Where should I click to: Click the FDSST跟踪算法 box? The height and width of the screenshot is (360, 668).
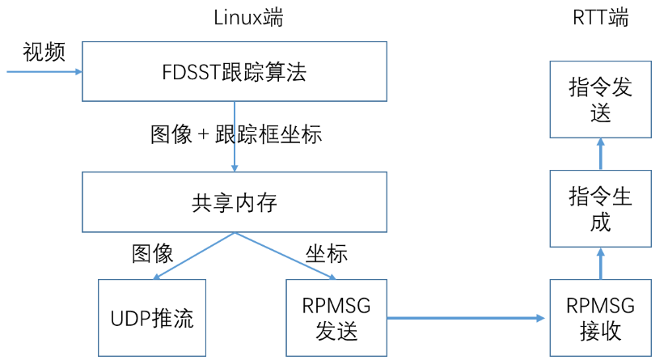click(x=235, y=72)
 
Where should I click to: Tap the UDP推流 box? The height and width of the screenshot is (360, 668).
click(x=152, y=318)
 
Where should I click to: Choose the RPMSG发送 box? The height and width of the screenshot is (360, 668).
click(x=336, y=318)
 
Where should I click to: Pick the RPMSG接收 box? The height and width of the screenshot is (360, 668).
click(x=600, y=318)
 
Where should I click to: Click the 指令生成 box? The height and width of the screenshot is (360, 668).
click(x=600, y=209)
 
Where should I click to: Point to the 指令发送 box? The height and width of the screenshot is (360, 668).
click(x=600, y=100)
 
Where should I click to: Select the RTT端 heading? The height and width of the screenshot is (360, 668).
click(x=599, y=18)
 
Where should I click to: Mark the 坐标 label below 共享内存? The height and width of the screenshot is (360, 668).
click(x=327, y=254)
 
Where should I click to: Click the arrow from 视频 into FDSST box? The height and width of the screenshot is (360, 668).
click(x=44, y=72)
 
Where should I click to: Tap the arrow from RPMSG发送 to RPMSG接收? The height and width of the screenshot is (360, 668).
click(x=467, y=318)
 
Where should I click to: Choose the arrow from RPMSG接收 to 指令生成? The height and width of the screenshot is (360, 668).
click(x=600, y=264)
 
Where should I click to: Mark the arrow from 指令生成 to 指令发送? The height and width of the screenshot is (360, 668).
click(x=600, y=154)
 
